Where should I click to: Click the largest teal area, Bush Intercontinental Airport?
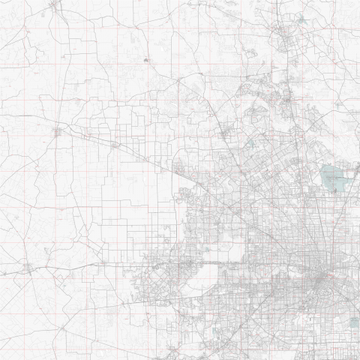click(x=333, y=178)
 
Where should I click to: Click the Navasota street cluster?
click(x=54, y=7)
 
